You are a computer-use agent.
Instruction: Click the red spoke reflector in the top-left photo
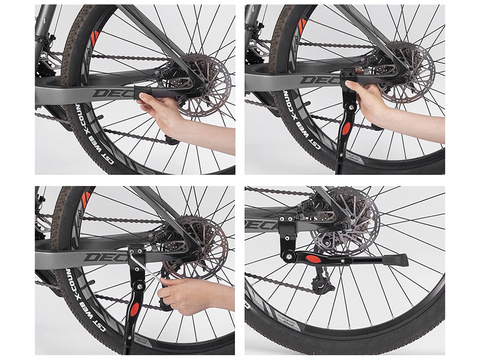click(95, 37)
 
